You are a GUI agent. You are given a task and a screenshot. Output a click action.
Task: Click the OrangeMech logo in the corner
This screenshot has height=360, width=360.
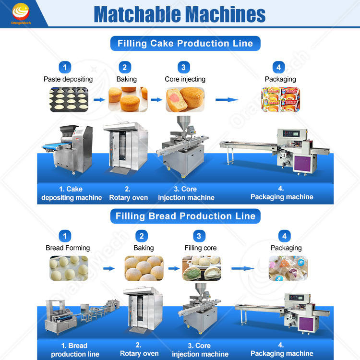coord(21,13)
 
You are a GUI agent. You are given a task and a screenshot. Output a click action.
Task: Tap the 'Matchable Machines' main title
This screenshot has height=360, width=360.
coord(180,14)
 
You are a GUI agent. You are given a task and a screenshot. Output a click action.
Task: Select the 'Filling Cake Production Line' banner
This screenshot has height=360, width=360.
coord(185,43)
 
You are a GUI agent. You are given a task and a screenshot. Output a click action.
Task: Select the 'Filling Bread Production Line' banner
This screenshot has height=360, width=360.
coord(185,216)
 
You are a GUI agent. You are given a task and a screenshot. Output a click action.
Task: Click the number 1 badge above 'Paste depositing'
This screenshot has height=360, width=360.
coord(65,67)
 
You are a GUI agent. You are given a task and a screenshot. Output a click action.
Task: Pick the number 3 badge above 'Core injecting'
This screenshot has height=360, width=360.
coord(184,67)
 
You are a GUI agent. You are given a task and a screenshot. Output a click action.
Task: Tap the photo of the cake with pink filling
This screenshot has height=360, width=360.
coord(185,99)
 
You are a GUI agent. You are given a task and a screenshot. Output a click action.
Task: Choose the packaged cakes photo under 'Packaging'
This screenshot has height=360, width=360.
coord(280,99)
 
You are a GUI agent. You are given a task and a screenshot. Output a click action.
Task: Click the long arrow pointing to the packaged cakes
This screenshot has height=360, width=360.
coord(227,100)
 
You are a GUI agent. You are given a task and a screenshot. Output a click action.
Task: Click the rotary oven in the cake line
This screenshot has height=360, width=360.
coord(125,146)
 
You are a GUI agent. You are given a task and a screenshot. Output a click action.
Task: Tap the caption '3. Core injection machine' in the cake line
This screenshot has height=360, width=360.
coord(186,193)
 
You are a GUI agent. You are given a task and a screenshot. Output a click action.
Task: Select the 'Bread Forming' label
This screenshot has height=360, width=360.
coord(68,248)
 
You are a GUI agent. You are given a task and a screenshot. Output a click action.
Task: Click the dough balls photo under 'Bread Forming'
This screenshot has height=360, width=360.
coord(69,268)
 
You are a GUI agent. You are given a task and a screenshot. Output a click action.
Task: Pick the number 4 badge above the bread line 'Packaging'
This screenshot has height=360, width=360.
coord(285,236)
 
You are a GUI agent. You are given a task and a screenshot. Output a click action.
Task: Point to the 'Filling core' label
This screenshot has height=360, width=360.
coord(201,248)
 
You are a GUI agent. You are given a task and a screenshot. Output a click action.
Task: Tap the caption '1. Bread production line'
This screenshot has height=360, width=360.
coord(75,350)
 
